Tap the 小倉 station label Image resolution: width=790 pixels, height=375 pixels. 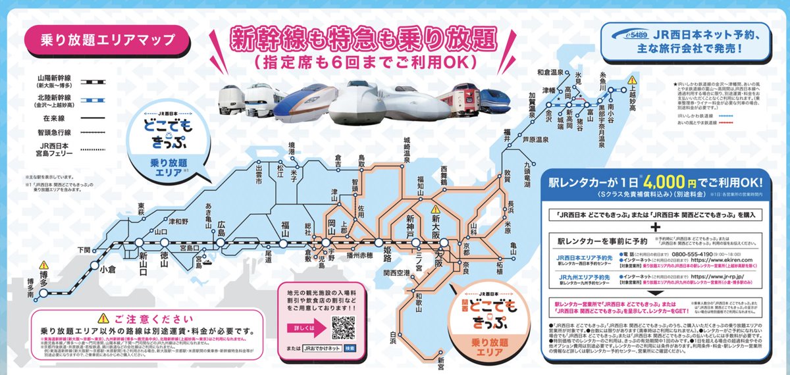point(108,268)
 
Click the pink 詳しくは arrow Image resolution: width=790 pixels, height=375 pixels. point(302,327)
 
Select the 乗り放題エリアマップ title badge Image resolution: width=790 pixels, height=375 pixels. point(99,38)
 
